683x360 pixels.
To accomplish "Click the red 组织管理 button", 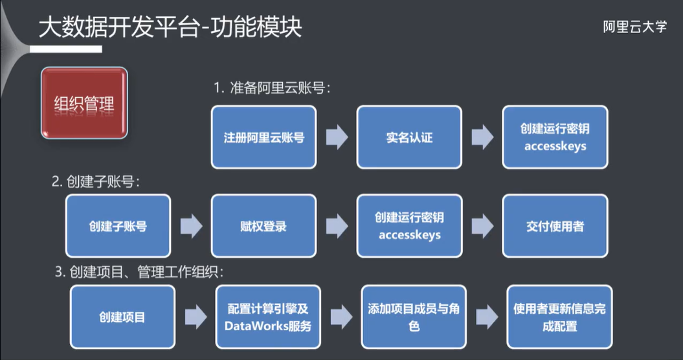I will [x=84, y=104].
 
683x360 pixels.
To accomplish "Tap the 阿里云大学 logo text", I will [x=634, y=27].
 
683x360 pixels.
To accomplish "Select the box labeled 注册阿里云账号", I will [x=264, y=137].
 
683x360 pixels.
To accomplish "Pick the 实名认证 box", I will [x=409, y=137].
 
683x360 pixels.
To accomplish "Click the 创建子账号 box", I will [x=118, y=227].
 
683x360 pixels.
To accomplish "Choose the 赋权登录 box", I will [x=263, y=227].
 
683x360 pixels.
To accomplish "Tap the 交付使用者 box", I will [x=555, y=227].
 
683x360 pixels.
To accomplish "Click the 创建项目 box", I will [x=122, y=317].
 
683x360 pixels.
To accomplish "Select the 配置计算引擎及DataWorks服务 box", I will [x=268, y=317].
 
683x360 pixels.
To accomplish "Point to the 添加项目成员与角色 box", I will [x=414, y=317].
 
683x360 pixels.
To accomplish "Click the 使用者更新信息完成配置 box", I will [x=559, y=317].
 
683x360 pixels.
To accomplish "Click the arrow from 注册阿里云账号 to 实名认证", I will [x=337, y=137].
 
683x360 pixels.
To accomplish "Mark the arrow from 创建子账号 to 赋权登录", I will [x=191, y=227].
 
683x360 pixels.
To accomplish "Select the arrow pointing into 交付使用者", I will [x=482, y=227].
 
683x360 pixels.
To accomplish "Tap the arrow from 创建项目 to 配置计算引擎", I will [x=196, y=317].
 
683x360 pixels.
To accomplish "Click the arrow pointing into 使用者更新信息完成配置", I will [x=487, y=317].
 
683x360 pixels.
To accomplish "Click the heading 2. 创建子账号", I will [x=96, y=182].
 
